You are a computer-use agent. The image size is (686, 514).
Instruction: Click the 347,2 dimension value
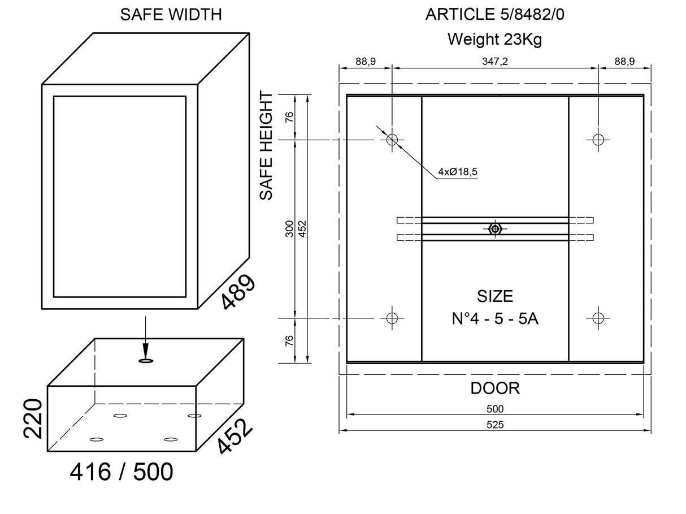[496, 62]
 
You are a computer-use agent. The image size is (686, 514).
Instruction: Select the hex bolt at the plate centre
[495, 228]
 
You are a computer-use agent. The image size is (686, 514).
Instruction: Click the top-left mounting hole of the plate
[392, 139]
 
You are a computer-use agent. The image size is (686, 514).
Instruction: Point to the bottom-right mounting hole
[598, 318]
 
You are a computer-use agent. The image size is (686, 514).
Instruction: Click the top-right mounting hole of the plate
[598, 139]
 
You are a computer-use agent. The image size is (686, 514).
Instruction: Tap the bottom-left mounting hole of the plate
[392, 318]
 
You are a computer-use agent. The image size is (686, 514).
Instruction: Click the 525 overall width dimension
[495, 425]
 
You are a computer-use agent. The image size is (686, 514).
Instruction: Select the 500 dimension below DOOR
[495, 409]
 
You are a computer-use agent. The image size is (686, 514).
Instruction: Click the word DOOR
[495, 388]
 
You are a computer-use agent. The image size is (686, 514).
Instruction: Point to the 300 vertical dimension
[289, 228]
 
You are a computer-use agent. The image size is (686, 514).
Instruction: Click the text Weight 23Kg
[494, 39]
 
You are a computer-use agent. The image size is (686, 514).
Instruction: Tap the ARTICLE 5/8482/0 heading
[494, 15]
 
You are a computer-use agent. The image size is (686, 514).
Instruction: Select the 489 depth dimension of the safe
[238, 292]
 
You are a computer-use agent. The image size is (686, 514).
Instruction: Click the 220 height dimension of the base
[33, 418]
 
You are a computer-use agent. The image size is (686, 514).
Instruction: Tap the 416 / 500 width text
[121, 472]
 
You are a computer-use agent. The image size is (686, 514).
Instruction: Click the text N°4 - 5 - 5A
[495, 318]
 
